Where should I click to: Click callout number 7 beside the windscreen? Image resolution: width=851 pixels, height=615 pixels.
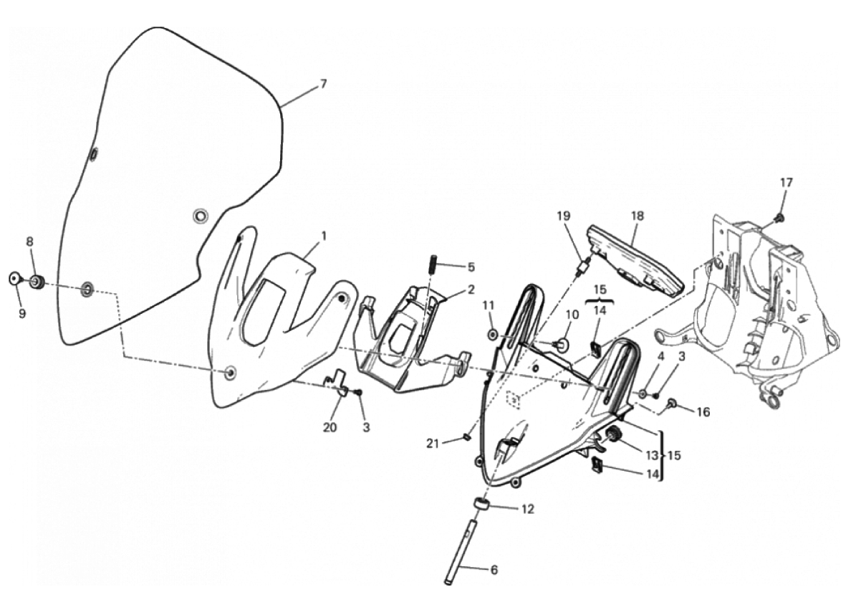point(324,84)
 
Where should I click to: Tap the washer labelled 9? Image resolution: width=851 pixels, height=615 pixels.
point(14,280)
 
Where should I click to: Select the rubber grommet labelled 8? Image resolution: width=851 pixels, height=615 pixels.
point(37,282)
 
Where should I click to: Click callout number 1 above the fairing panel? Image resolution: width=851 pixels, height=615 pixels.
point(324,236)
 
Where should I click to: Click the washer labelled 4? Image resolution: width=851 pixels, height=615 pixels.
point(643,393)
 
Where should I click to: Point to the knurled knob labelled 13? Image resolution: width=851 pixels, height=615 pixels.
point(614,434)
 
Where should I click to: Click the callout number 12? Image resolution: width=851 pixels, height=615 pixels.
point(527,509)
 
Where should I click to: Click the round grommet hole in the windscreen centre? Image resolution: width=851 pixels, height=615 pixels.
point(201,216)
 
